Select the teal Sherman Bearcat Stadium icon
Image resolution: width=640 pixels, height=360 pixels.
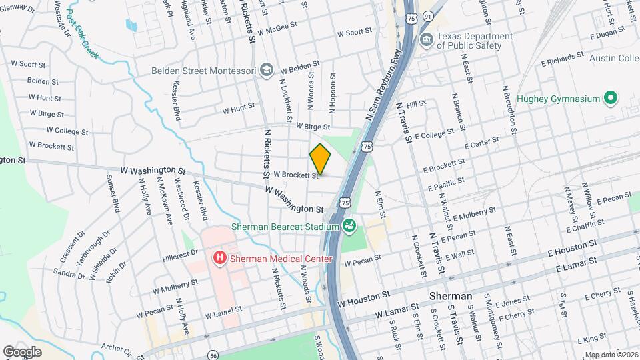click(x=349, y=227)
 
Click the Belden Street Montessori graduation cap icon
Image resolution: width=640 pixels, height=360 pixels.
click(x=267, y=69)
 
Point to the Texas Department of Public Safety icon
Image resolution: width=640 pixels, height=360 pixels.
click(x=425, y=40)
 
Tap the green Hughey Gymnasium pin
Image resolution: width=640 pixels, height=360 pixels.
click(x=609, y=99)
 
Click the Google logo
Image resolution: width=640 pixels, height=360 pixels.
click(x=22, y=351)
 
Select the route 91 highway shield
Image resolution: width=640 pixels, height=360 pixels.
click(x=427, y=15)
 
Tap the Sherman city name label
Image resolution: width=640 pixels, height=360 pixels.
click(x=449, y=296)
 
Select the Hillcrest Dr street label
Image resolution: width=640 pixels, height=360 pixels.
click(x=181, y=253)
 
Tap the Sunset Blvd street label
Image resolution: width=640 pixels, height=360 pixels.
click(x=113, y=194)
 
